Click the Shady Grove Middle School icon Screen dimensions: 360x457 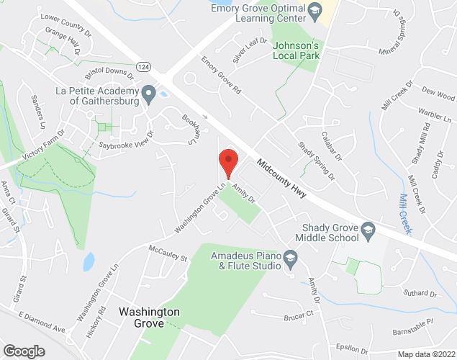pyautogui.click(x=368, y=232)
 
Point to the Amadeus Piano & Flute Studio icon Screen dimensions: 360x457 pyautogui.click(x=290, y=260)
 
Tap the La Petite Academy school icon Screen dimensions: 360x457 pyautogui.click(x=149, y=94)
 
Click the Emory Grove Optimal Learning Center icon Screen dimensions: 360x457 pyautogui.click(x=315, y=11)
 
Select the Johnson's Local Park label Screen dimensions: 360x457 pyautogui.click(x=296, y=50)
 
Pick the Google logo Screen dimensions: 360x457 pyautogui.click(x=24, y=351)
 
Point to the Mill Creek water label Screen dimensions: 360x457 pyautogui.click(x=405, y=212)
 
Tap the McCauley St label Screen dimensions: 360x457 pyautogui.click(x=167, y=253)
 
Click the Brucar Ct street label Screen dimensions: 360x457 pyautogui.click(x=300, y=314)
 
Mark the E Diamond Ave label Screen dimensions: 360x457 pyautogui.click(x=42, y=323)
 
